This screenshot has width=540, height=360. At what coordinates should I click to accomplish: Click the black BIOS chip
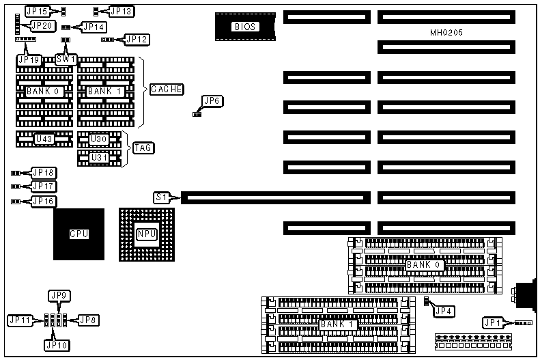coord(244,27)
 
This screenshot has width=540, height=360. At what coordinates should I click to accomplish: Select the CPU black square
coord(79,234)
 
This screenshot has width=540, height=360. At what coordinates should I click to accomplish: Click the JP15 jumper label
coord(37,12)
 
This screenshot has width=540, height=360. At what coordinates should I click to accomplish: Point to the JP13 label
coord(122,12)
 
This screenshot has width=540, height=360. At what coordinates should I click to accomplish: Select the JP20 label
coord(42,25)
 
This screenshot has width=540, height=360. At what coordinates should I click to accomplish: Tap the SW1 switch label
coord(66,59)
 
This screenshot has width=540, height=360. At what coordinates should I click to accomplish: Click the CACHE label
coord(167,89)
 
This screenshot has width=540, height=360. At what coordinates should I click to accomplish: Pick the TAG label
coord(143,148)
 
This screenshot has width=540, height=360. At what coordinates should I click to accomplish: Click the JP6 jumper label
coord(212,101)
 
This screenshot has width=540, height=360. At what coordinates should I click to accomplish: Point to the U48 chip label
coord(44,139)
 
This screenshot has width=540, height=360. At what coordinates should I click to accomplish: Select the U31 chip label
coord(100,157)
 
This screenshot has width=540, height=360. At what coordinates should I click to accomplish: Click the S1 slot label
coord(161,197)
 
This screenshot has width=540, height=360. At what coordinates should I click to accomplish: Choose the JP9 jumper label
coord(59,296)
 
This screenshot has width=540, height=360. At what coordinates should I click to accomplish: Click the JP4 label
coord(444,311)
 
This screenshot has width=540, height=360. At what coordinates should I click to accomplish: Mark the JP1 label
coord(493,322)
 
